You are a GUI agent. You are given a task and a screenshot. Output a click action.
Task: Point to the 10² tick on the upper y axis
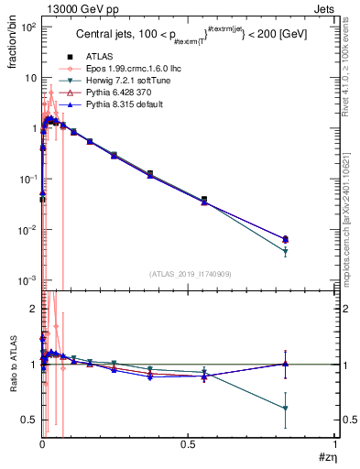click(x=27, y=27)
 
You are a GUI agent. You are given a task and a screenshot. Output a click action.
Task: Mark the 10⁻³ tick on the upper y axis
click(x=27, y=279)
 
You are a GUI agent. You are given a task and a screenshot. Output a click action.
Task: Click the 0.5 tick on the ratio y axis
click(x=29, y=420)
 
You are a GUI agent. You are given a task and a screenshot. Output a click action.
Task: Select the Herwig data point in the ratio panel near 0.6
click(x=286, y=409)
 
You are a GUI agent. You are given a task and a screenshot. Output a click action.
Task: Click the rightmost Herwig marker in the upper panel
click(x=286, y=250)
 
